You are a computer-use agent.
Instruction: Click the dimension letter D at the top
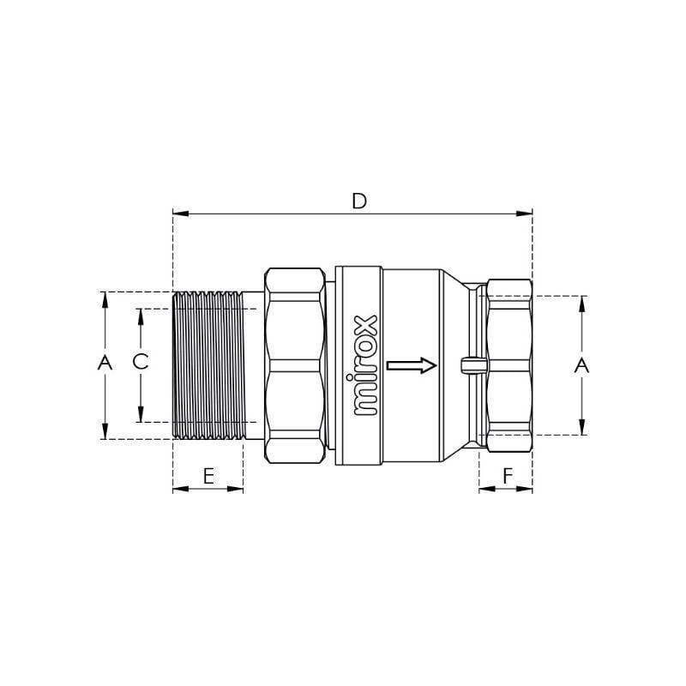[x=359, y=201]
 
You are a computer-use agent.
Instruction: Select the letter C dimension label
[x=141, y=362]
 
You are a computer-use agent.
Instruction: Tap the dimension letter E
[x=208, y=476]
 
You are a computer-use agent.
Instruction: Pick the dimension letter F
[x=507, y=476]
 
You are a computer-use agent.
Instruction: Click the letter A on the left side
[x=105, y=363]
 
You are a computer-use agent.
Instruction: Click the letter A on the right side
[x=581, y=366]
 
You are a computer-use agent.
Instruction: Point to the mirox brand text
[x=366, y=365]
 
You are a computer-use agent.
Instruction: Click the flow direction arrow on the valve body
[x=412, y=365]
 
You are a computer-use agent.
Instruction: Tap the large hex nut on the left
[x=295, y=365]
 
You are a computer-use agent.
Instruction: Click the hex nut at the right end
[x=508, y=365]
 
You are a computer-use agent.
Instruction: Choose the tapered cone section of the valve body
[x=454, y=365]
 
